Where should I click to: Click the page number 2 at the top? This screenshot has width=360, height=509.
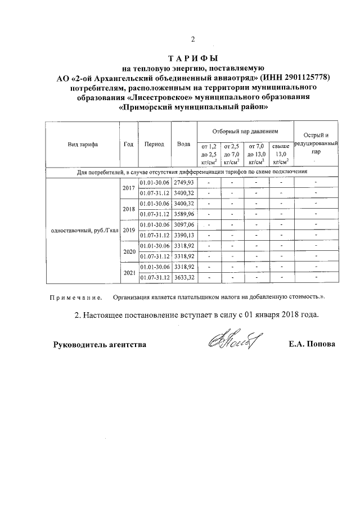pyautogui.click(x=192, y=40)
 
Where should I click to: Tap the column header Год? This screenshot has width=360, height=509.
pyautogui.click(x=128, y=144)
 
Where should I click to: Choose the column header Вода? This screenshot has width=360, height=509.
pyautogui.click(x=183, y=144)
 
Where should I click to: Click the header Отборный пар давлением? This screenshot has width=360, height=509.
pyautogui.click(x=245, y=130)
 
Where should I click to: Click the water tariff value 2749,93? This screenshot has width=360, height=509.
pyautogui.click(x=183, y=183)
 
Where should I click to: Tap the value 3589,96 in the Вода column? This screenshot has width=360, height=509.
pyautogui.click(x=183, y=214)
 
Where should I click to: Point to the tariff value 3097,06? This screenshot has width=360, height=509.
pyautogui.click(x=183, y=224)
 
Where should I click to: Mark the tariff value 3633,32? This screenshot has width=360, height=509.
pyautogui.click(x=183, y=277)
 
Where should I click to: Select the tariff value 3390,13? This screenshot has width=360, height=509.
pyautogui.click(x=183, y=235)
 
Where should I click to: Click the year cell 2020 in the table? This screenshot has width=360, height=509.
pyautogui.click(x=128, y=251)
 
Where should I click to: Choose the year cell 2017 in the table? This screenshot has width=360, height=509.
pyautogui.click(x=128, y=188)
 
